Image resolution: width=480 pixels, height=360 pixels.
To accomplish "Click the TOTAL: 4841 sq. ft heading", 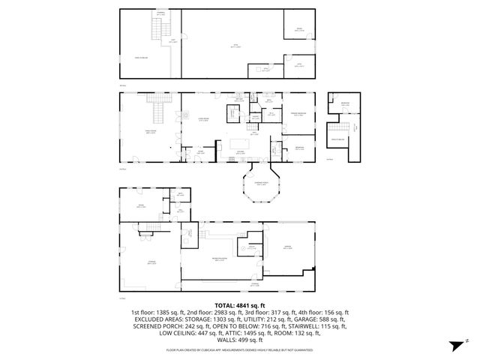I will (239, 305).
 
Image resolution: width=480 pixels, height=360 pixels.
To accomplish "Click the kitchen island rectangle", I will (242, 142).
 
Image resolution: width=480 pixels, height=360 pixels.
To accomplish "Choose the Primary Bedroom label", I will (298, 115).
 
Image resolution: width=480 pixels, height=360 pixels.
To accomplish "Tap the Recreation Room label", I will (220, 259).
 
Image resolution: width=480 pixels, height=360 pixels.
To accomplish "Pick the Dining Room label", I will (150, 131).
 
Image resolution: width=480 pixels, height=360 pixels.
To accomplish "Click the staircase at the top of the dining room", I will (159, 112).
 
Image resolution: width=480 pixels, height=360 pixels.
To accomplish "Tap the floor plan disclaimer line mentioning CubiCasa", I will (239, 349).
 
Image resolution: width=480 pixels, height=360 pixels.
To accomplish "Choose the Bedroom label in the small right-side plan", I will (345, 103).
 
